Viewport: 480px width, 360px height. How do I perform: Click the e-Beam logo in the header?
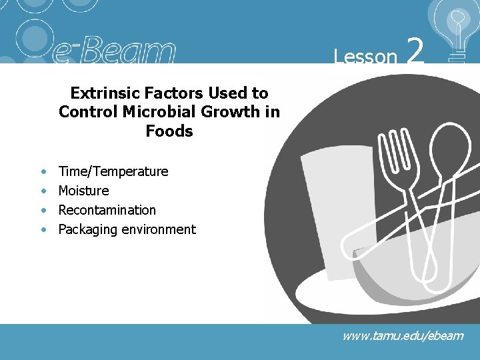113,51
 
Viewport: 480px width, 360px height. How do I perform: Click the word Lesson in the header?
365,57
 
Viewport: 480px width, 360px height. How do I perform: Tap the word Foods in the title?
169,131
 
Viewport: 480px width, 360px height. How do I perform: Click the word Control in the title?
83,111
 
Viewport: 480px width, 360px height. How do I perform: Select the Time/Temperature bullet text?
113,171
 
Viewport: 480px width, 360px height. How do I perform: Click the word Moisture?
83,191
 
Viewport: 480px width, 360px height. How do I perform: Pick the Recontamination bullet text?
107,210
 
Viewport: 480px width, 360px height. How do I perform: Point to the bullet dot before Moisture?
43,191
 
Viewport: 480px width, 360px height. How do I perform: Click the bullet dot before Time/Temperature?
43,172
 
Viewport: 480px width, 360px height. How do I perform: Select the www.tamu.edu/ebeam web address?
403,335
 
